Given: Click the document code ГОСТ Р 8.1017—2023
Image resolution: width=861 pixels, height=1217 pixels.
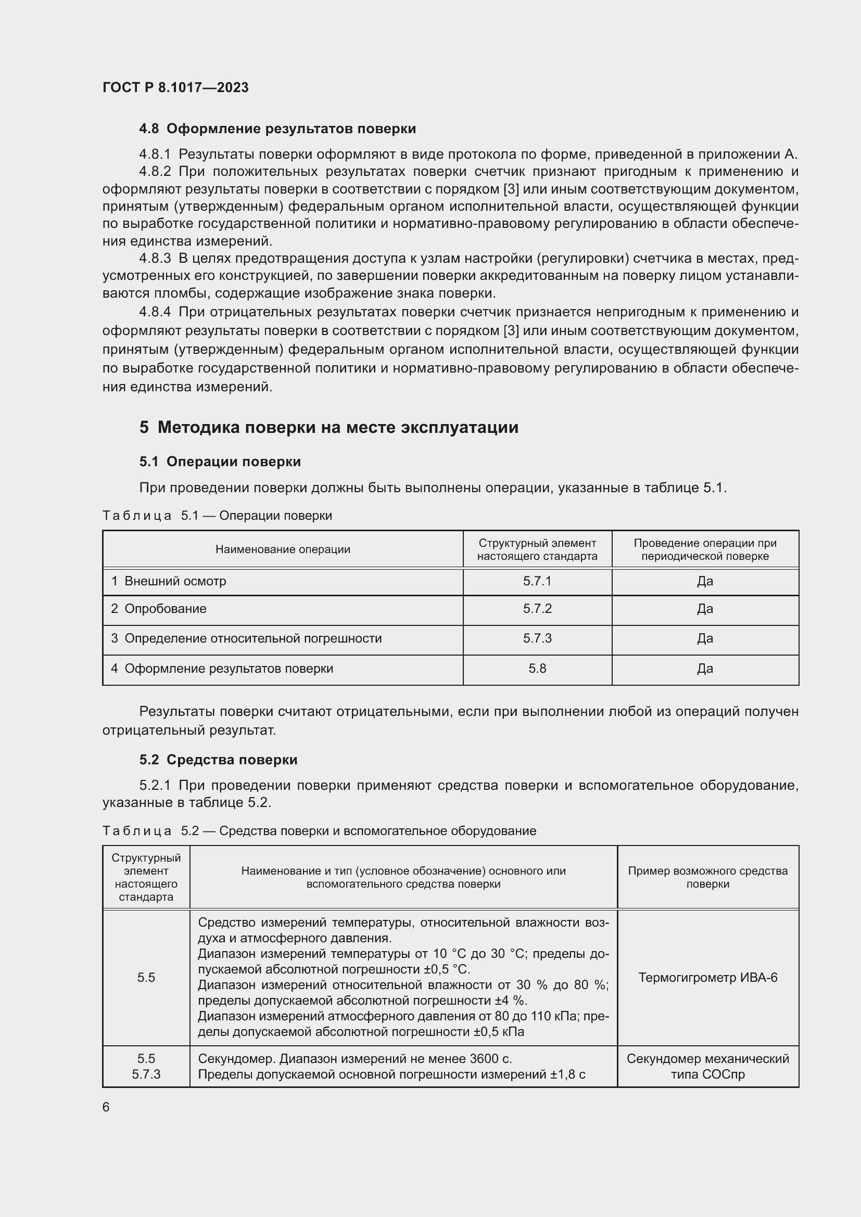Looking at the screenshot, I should point(175,87).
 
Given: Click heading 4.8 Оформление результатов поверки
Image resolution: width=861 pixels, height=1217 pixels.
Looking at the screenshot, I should point(277,129).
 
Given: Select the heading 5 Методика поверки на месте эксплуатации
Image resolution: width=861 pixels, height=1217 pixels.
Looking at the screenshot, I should point(328,427).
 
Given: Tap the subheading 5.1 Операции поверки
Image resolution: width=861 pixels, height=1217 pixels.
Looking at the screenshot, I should point(220,462).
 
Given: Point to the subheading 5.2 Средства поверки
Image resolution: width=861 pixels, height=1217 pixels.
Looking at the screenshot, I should point(219,760).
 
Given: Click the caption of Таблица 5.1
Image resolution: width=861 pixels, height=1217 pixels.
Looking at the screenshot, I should point(218,516).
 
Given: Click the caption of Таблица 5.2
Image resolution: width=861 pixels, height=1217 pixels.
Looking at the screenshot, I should point(319,830).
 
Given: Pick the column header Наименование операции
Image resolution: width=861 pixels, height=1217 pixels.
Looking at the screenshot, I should point(283,549).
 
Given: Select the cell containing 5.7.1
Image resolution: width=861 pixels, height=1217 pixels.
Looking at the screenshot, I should point(537,582).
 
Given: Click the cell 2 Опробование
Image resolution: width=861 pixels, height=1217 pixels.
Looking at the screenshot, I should point(159,609).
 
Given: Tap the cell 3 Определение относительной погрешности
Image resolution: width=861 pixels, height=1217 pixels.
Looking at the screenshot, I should point(246,639).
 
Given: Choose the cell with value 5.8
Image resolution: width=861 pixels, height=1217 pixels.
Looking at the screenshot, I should point(537,669).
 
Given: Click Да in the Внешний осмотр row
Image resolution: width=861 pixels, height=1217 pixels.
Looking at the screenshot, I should point(705,582).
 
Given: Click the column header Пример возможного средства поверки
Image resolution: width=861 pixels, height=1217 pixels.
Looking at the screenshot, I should point(708,877).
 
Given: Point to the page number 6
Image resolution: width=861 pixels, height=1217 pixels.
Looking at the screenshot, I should point(106,1107).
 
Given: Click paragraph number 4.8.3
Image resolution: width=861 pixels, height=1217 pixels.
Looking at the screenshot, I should point(155,259).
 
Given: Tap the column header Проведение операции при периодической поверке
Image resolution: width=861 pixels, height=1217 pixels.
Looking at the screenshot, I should point(705,549).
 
